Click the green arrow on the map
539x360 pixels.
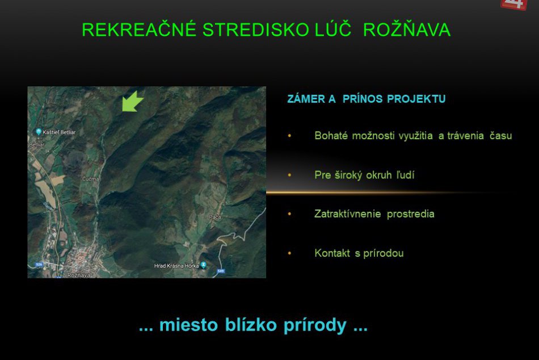pos(132,101)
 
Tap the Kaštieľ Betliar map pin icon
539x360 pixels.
pos(38,132)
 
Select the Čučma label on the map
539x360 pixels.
pos(90,179)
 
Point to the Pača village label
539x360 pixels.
pos(214,217)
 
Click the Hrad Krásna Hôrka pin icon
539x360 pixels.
pos(204,265)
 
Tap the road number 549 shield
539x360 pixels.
pos(221,271)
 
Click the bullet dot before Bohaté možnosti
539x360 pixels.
pos(289,136)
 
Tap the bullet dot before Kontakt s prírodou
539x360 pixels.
pos(289,254)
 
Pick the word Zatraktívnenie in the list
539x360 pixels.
pos(348,214)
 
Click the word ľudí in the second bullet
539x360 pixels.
pos(405,175)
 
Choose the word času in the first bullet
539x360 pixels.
pos(500,136)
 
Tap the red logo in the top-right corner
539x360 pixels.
pos(515,5)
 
